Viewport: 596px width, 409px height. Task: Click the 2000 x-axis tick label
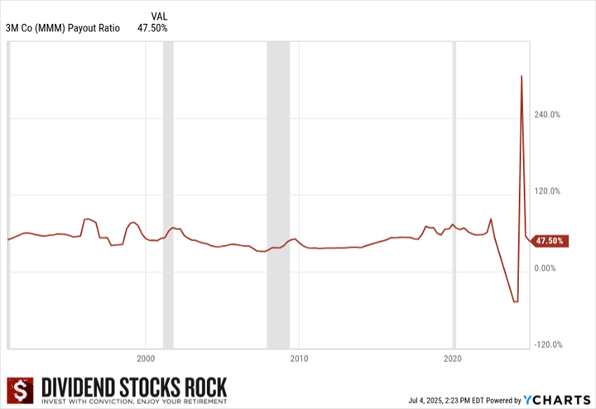(x=145, y=359)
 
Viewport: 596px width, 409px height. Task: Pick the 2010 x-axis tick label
(x=299, y=359)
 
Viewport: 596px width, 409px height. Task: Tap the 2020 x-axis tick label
(x=453, y=359)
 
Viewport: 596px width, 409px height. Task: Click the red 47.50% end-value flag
(x=550, y=241)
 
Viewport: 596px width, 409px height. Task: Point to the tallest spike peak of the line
(x=521, y=76)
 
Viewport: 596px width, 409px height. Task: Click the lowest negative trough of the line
(x=515, y=301)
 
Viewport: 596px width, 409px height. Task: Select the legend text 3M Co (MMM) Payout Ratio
(x=63, y=28)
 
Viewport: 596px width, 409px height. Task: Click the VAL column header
(x=160, y=16)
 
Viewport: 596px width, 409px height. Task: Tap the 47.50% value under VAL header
(x=152, y=28)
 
